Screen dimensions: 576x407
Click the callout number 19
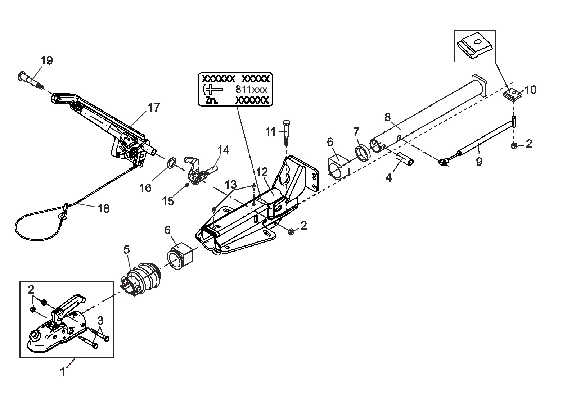(x=47, y=60)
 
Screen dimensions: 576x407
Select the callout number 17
(x=154, y=108)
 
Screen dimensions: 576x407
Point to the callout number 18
(x=104, y=208)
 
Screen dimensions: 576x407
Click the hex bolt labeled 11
(x=287, y=133)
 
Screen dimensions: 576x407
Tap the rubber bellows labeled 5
(x=140, y=279)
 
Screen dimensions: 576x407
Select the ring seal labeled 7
(x=363, y=153)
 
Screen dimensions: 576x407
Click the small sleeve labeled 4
(x=405, y=159)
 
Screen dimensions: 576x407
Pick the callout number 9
(x=479, y=162)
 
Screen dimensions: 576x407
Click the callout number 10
(x=531, y=90)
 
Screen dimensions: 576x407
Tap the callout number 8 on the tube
(x=387, y=117)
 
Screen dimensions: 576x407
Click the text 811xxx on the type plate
(x=252, y=90)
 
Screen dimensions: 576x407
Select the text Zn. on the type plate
(x=212, y=101)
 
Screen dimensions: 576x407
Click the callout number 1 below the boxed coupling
(x=63, y=372)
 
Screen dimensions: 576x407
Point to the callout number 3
(x=100, y=321)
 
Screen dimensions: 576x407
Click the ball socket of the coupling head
(x=35, y=336)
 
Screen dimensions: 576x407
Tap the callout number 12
(x=262, y=172)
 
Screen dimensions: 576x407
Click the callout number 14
(x=223, y=150)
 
